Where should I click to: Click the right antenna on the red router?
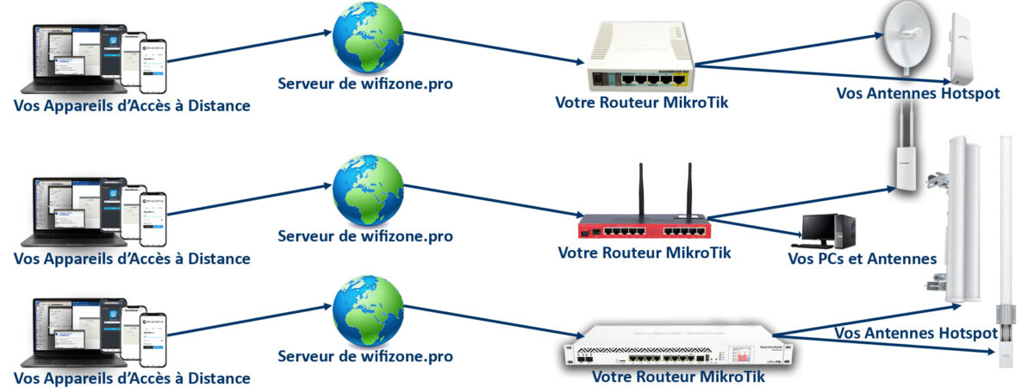[x=689, y=191]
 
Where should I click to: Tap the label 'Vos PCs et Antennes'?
[x=862, y=259]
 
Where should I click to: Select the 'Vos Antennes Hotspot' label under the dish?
[x=918, y=94]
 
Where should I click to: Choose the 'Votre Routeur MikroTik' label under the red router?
[x=645, y=253]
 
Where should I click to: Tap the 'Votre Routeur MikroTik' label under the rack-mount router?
[x=679, y=376]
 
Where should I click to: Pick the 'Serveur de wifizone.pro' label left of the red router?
[x=365, y=235]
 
